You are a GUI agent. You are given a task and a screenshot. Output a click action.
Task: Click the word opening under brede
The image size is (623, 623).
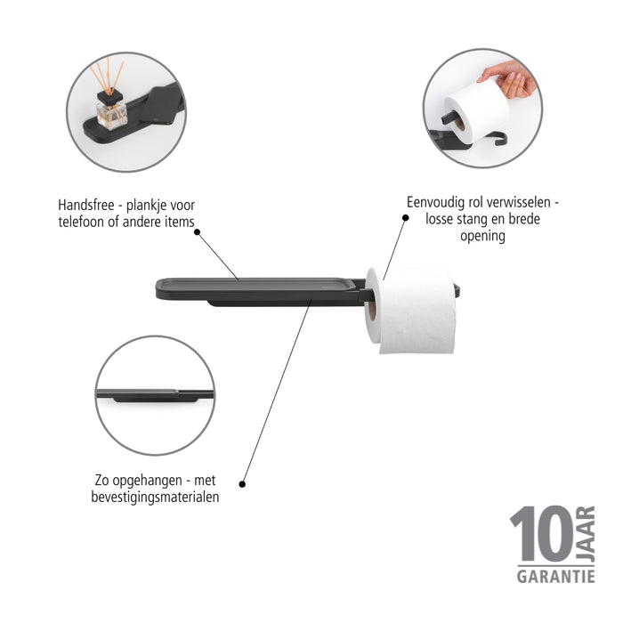[483, 236]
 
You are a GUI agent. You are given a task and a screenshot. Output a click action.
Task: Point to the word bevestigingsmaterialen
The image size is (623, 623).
[155, 497]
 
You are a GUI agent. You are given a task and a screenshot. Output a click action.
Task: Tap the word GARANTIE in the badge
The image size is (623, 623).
[556, 577]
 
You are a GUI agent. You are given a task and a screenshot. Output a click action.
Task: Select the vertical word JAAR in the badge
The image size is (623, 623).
[585, 535]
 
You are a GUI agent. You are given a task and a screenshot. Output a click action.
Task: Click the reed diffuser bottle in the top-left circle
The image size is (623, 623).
[111, 110]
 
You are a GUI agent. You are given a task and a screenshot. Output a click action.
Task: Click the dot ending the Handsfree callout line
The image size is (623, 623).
[197, 232]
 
